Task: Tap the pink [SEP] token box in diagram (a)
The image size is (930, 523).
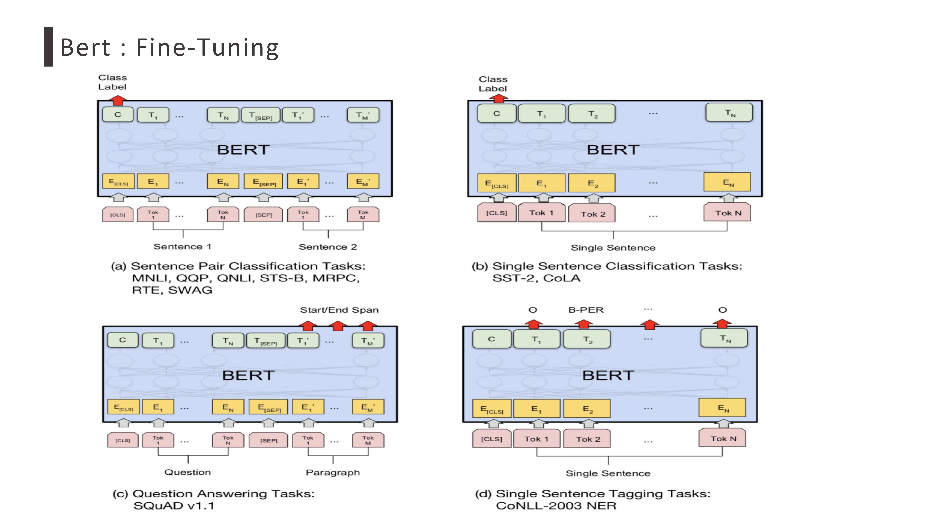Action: (264, 215)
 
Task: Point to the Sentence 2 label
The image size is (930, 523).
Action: (327, 247)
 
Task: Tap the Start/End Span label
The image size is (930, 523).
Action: (339, 310)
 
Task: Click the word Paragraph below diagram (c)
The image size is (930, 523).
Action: (332, 473)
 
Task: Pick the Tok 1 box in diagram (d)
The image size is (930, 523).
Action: (536, 439)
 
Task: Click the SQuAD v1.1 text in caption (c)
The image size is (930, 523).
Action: (174, 506)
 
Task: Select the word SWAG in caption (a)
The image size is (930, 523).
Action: (190, 290)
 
